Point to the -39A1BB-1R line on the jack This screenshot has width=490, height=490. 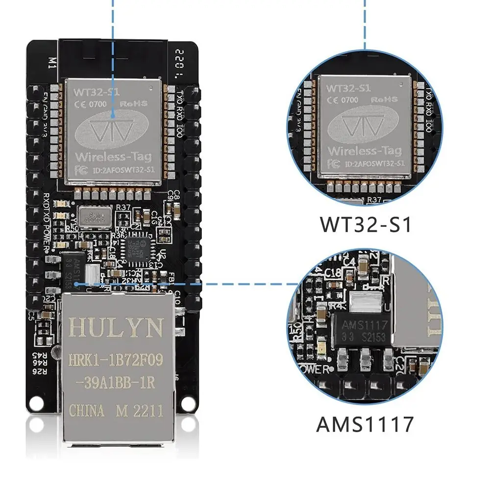[116, 383]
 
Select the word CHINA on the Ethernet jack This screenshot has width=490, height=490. [87, 411]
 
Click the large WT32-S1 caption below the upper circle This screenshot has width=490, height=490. [365, 223]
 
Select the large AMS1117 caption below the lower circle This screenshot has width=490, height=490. [365, 424]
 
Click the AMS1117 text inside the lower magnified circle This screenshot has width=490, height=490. [365, 325]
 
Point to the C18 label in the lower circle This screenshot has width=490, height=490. [333, 271]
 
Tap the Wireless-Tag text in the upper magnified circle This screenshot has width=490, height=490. [365, 150]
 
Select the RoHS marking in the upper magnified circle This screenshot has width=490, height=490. [383, 99]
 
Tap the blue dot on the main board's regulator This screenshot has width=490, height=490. [76, 282]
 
